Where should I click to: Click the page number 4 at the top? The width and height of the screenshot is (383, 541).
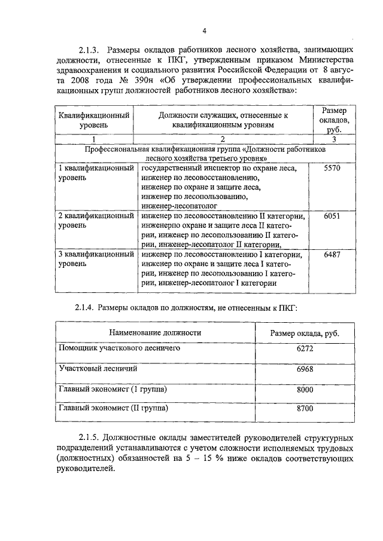click(205, 30)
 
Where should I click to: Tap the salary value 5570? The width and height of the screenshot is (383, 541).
click(331, 169)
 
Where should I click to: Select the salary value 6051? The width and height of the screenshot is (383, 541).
click(331, 216)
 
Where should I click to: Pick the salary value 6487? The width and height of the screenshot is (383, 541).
click(331, 255)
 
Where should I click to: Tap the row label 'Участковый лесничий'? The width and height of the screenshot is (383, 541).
click(98, 368)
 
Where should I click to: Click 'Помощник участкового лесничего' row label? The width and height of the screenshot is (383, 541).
click(119, 347)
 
